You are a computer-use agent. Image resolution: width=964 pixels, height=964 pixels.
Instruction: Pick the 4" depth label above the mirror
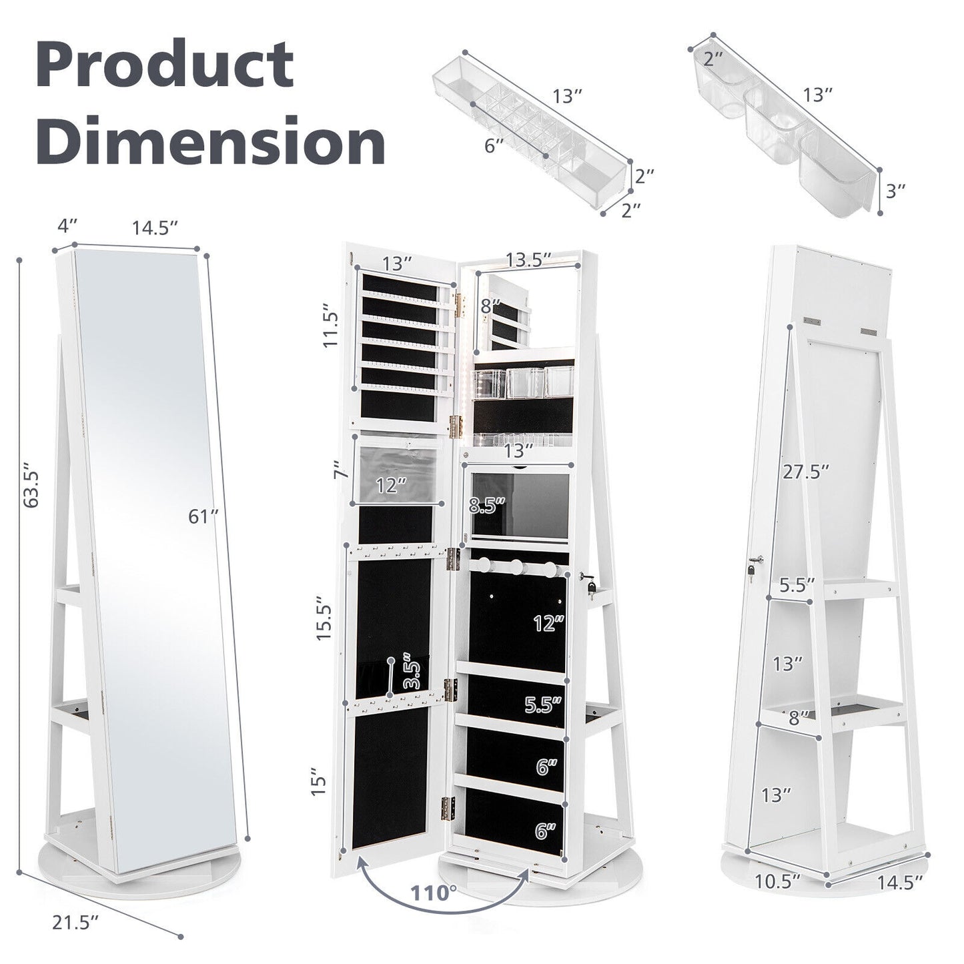coord(64,227)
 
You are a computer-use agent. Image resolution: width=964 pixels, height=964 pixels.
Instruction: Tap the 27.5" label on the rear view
coord(806,471)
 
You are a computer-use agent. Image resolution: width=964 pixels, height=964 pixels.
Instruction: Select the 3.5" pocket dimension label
coord(410,674)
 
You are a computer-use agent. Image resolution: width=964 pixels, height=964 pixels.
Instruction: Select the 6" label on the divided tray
coord(494,145)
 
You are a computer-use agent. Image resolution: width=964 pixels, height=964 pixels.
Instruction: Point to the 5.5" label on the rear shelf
coord(797,585)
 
